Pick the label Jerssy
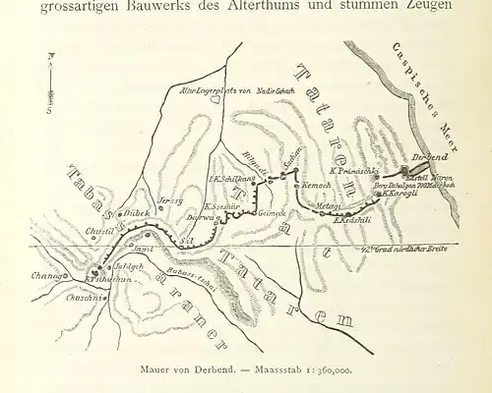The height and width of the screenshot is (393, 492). [170, 199]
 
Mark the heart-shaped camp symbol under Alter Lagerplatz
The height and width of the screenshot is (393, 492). [215, 99]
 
